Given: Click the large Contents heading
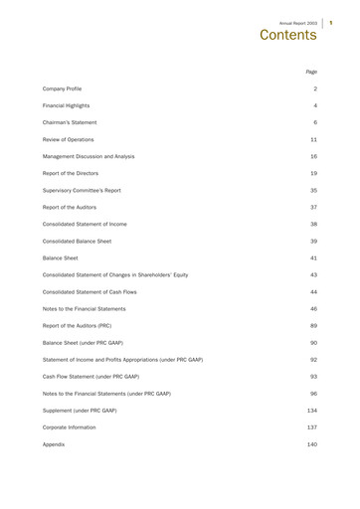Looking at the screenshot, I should point(287,35).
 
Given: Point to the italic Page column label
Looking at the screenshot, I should point(311,72).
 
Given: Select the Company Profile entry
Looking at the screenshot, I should point(62,88).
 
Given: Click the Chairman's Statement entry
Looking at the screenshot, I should point(69,122).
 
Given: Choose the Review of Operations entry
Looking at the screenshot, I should point(70,139).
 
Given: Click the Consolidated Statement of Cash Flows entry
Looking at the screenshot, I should point(96,291).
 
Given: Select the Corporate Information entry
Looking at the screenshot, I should point(71,426).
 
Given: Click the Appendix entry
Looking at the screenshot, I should point(54,443).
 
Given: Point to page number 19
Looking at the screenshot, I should point(313,173).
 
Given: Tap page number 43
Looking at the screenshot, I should point(313,274).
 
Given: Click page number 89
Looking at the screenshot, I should point(313,325).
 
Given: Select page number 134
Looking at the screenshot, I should point(311,410).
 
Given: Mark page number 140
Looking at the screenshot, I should point(311,443).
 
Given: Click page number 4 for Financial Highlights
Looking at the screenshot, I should point(315,105).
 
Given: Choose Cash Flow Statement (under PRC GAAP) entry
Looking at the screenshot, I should point(90,376).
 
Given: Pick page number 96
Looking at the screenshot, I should point(313,393).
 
